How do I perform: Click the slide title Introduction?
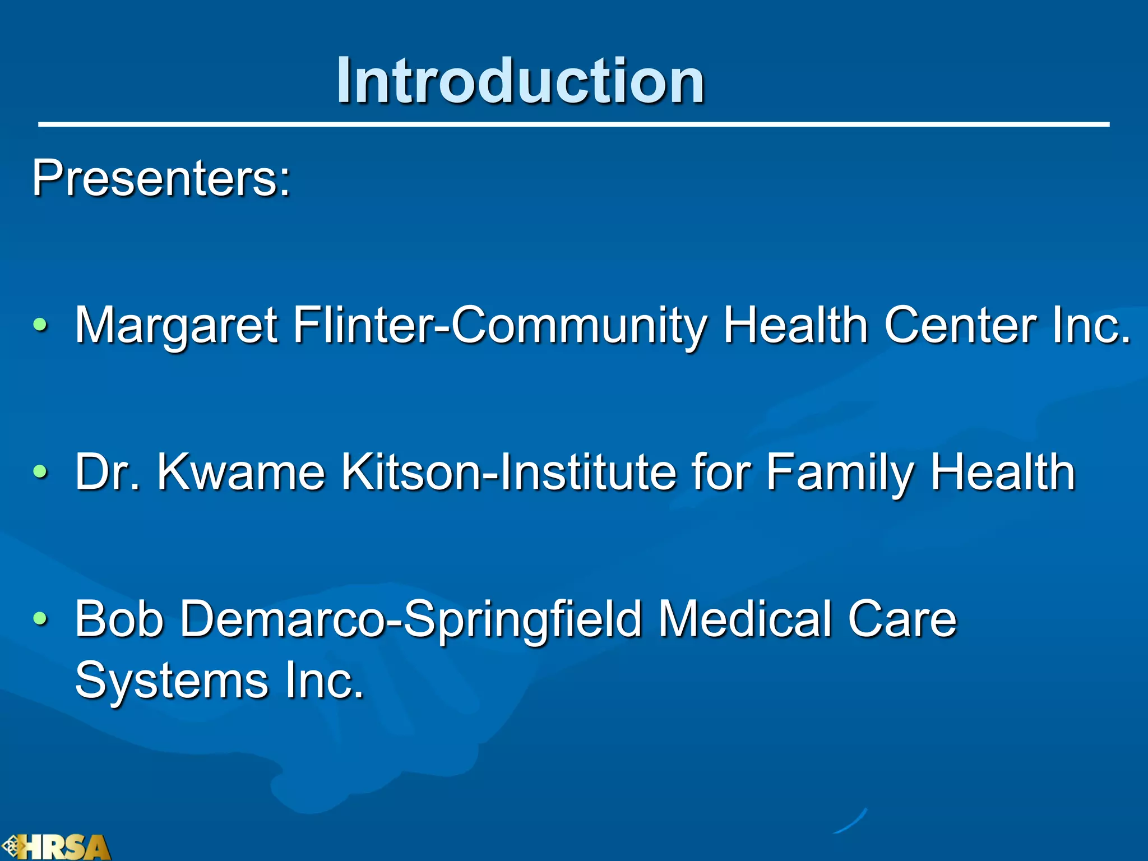[x=520, y=81]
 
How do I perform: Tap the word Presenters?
[x=161, y=178]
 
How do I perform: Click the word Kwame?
[x=241, y=473]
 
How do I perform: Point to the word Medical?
[x=745, y=619]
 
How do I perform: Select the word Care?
[x=902, y=619]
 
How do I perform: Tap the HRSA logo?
[x=56, y=847]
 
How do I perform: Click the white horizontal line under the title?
[x=573, y=124]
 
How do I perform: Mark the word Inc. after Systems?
[x=325, y=681]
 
